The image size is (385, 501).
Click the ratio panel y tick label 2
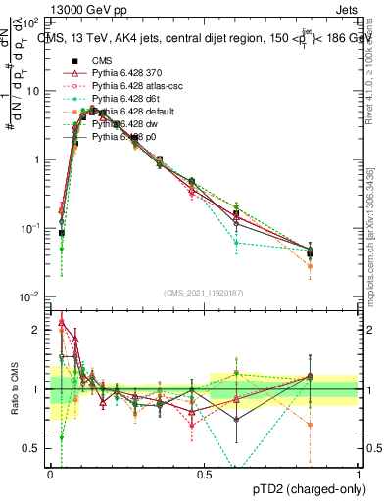click(x=37, y=330)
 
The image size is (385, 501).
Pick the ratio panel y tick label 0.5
click(x=33, y=448)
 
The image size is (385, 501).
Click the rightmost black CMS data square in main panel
click(x=311, y=253)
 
